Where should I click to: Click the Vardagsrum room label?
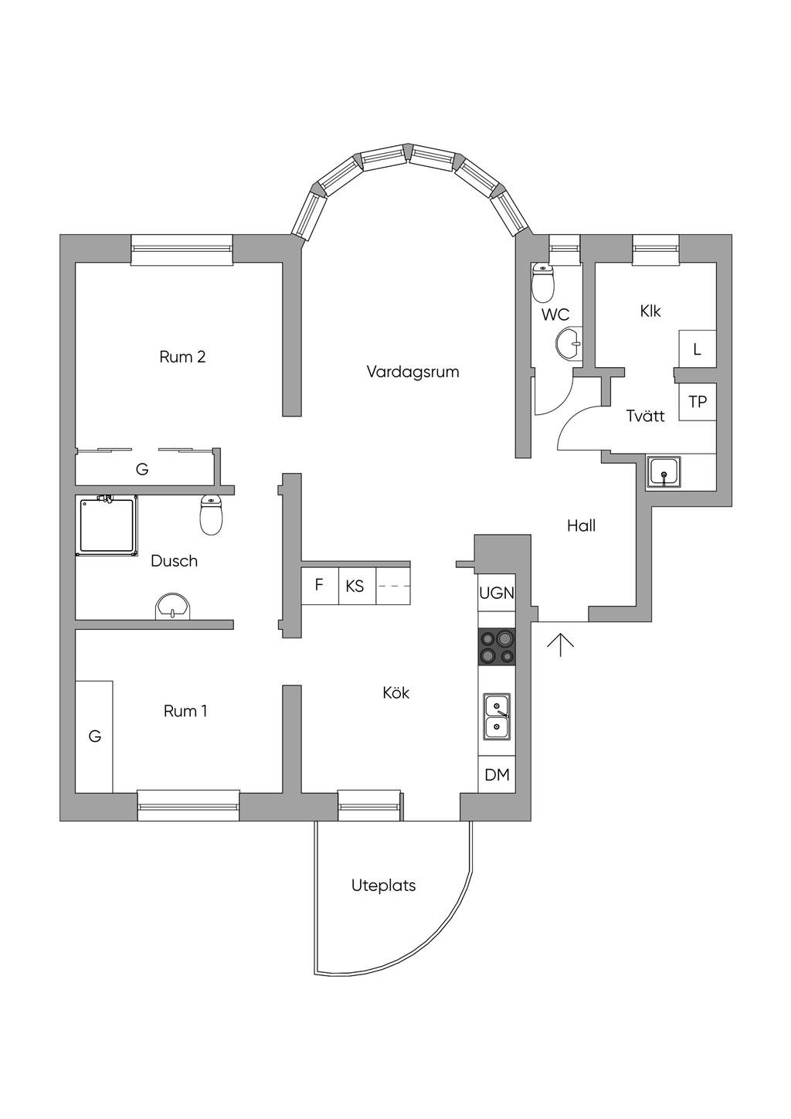click(412, 372)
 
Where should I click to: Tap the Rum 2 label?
click(182, 357)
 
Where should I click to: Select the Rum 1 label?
click(185, 711)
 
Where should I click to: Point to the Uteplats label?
click(383, 886)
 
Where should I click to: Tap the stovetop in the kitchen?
click(497, 647)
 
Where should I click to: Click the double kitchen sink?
click(497, 716)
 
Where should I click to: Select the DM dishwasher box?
click(497, 774)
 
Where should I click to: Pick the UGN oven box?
click(497, 594)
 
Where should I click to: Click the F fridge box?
click(319, 586)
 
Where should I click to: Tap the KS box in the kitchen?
click(355, 586)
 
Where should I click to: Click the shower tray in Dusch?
click(107, 525)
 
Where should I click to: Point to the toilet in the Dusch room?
click(211, 515)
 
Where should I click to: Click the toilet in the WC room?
click(543, 284)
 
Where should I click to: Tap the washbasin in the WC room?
click(571, 343)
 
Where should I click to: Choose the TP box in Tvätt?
click(698, 402)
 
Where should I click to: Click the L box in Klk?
click(698, 349)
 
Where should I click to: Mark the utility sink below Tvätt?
click(664, 472)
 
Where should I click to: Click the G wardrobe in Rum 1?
click(94, 736)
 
